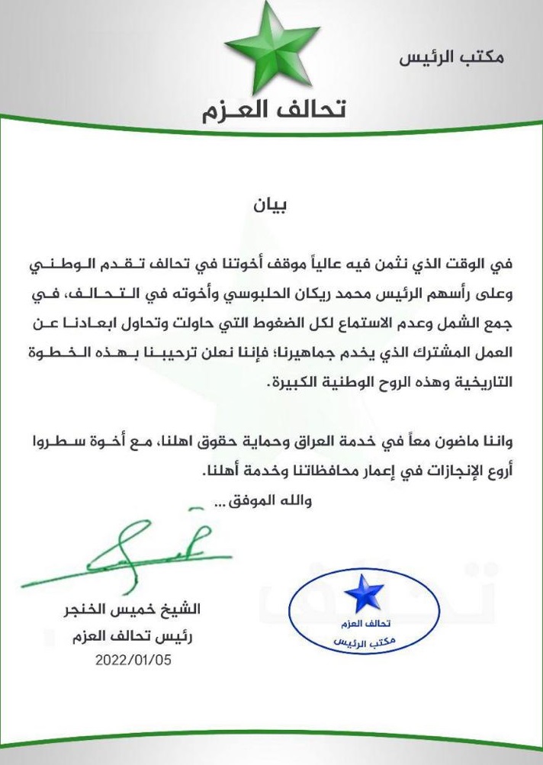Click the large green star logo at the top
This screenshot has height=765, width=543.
coord(273,47)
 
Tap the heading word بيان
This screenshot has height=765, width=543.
coord(271,205)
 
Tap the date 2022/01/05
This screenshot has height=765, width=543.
coord(133,660)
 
